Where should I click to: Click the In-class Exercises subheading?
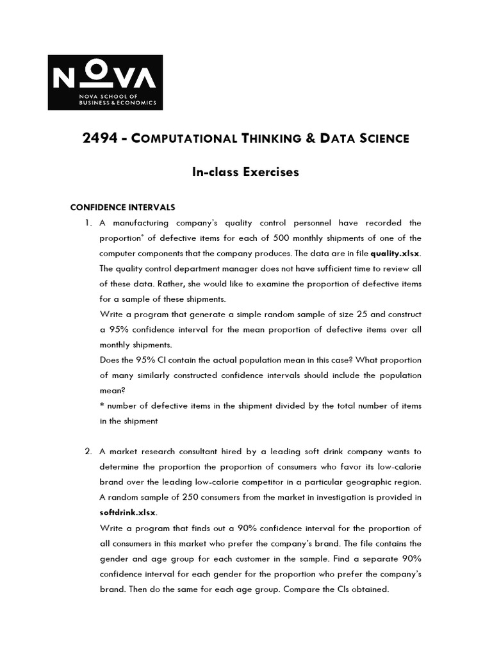point(246,172)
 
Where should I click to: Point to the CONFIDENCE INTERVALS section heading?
point(122,208)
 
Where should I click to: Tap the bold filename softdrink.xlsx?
point(127,512)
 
